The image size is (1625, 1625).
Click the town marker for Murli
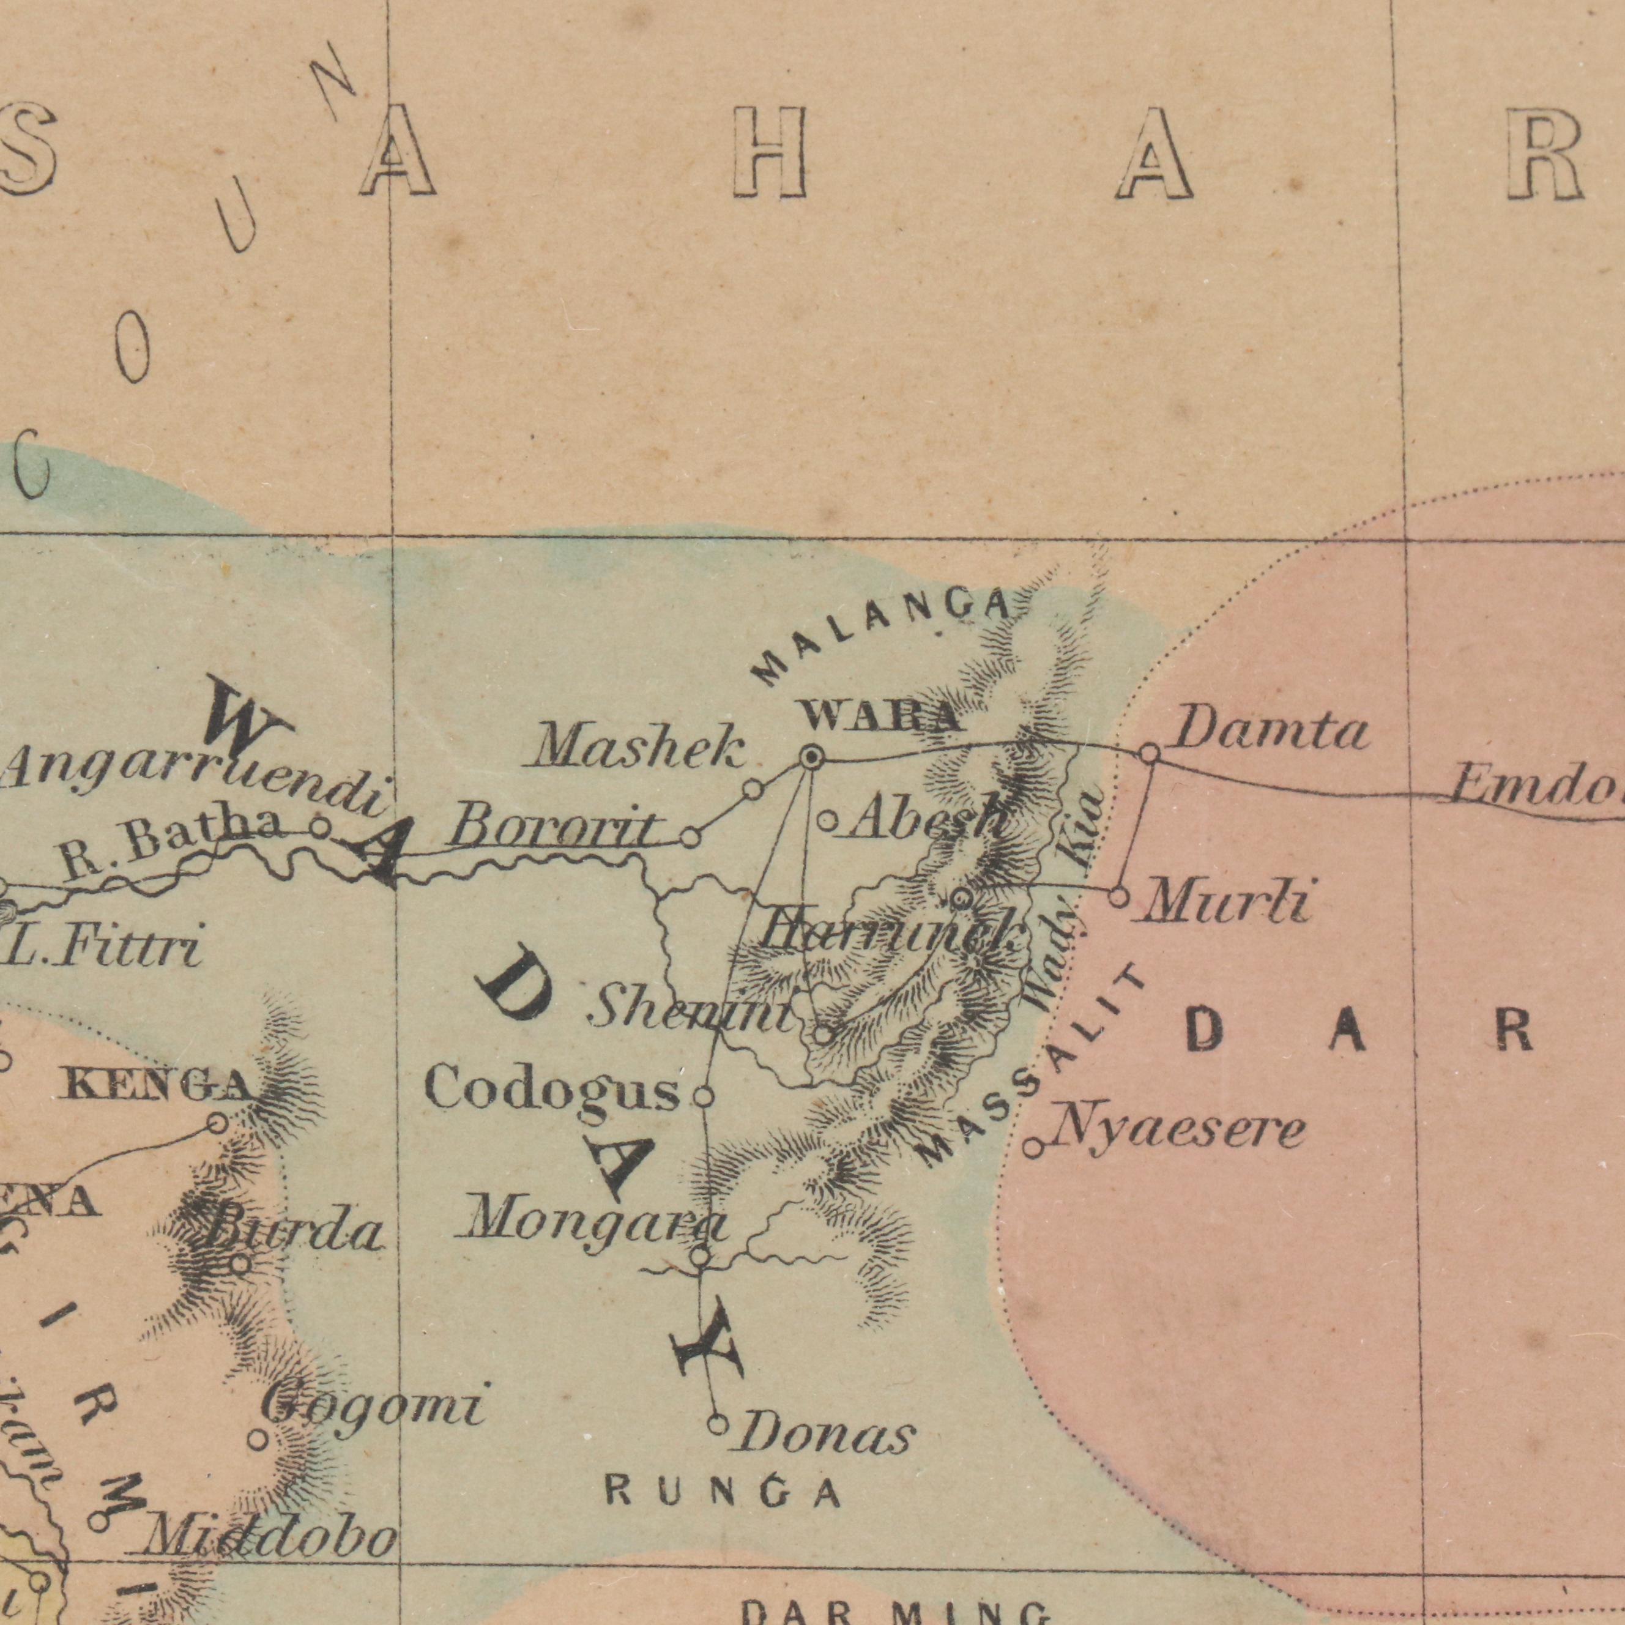1118,896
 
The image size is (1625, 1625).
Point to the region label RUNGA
723,1493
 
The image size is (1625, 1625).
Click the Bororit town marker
690,837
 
